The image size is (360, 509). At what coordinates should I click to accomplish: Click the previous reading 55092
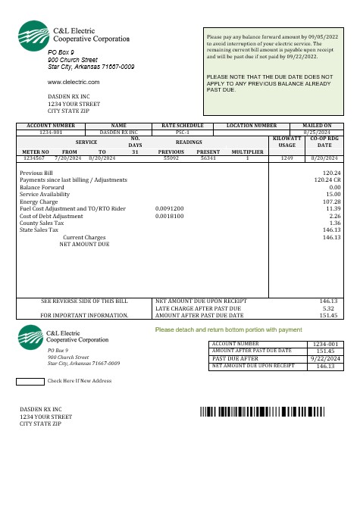(x=170, y=158)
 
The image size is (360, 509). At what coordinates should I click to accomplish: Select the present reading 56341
(x=208, y=158)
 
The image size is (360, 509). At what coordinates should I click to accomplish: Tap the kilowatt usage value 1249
(x=286, y=158)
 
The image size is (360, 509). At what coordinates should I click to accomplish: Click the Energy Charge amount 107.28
(x=331, y=201)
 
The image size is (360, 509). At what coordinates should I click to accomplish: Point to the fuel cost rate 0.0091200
(x=168, y=208)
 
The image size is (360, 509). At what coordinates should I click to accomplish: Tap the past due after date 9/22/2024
(x=325, y=358)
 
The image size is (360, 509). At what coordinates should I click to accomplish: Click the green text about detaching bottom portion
(x=228, y=330)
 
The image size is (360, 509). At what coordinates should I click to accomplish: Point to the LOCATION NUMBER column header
(x=252, y=125)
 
